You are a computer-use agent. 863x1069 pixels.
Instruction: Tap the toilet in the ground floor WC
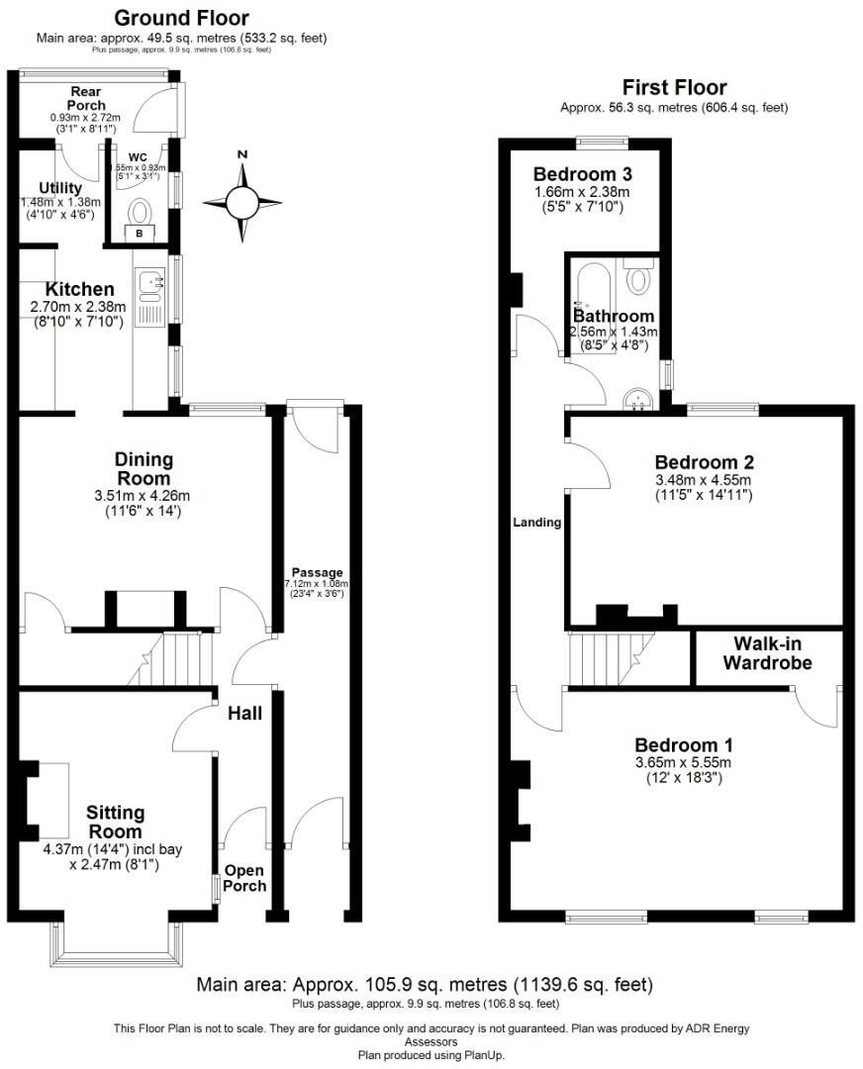coord(142,212)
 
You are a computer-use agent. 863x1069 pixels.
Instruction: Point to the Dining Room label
coord(144,468)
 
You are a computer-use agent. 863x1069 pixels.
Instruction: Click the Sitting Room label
coord(115,822)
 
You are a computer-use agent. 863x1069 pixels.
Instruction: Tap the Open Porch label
coord(244,878)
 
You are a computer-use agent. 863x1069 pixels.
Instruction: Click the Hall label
coord(244,713)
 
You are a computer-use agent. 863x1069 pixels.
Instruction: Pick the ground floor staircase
coord(174,658)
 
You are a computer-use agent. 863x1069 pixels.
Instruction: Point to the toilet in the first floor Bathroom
coord(639,278)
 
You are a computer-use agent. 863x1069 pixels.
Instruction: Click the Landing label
coord(536,523)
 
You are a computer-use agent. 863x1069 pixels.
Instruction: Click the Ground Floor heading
coord(182,18)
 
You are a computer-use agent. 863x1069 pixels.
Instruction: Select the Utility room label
coord(60,188)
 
